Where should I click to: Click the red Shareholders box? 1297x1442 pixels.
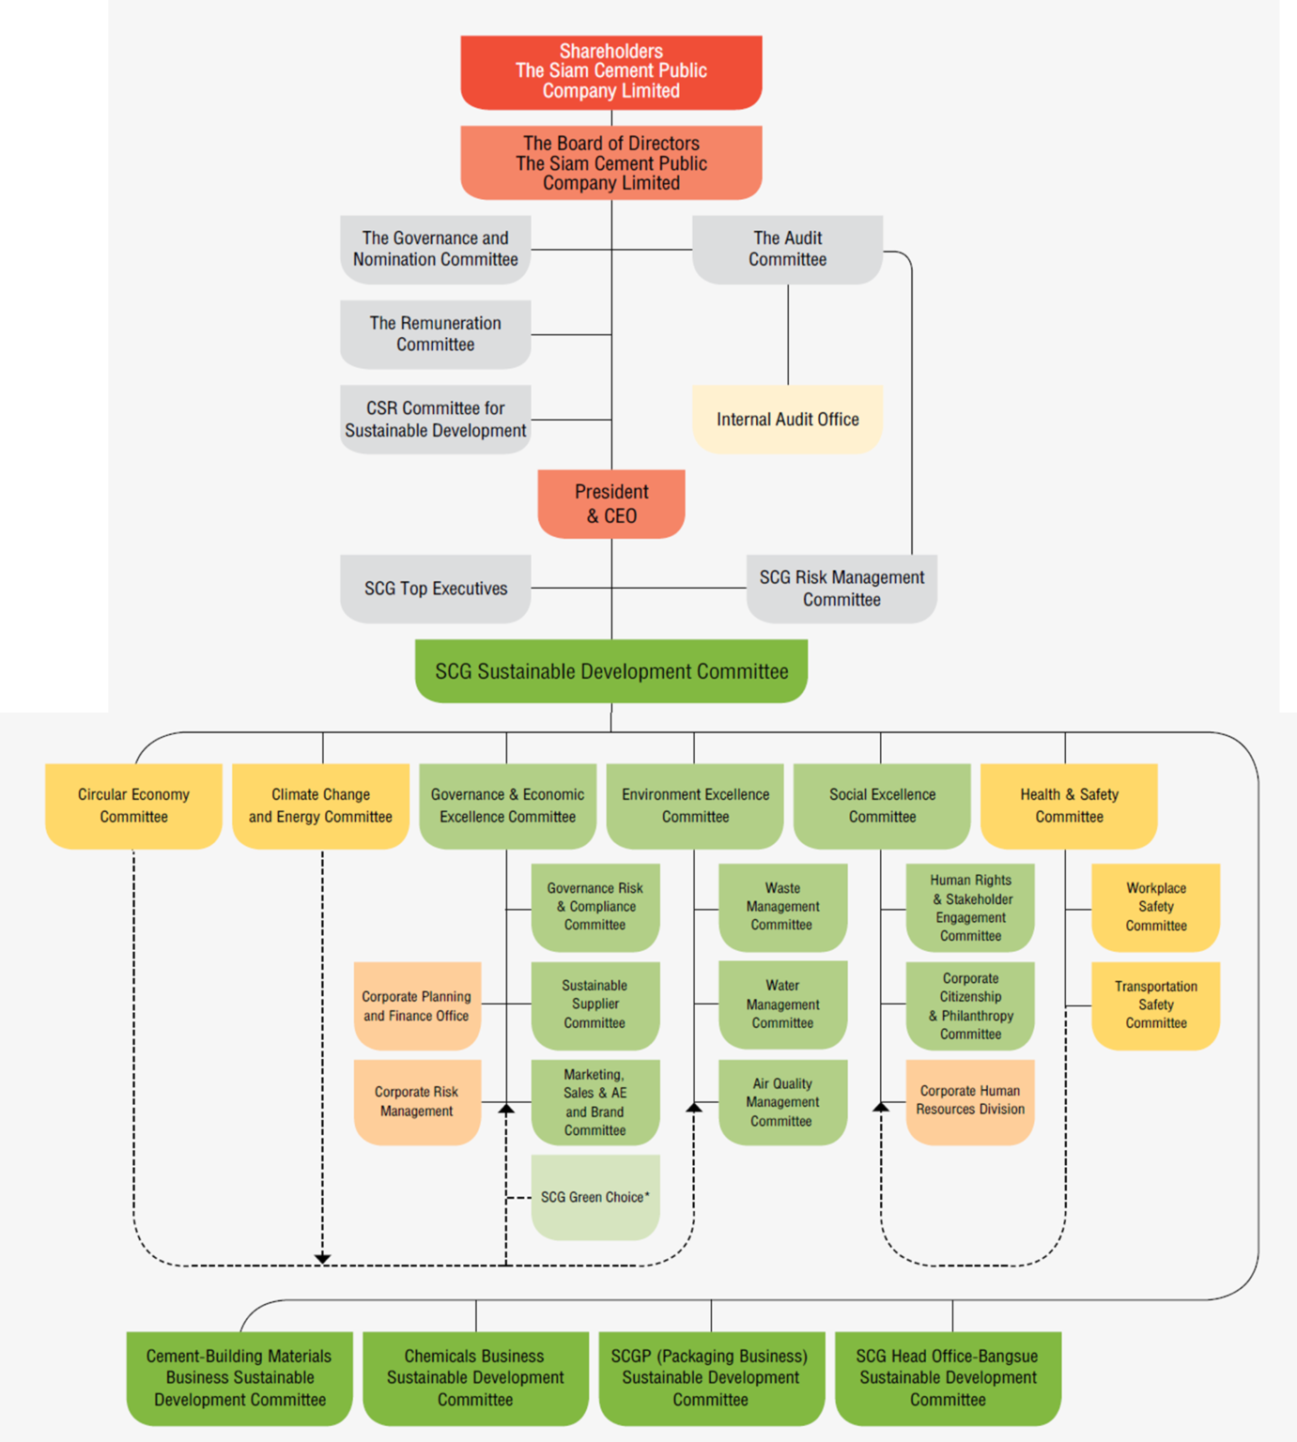610,71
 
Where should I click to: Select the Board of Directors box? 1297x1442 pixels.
610,162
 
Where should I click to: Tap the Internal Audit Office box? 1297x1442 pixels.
787,419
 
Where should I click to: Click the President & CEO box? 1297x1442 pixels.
610,503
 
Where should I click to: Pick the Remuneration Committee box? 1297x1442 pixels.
435,333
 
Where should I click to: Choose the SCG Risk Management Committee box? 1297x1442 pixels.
842,589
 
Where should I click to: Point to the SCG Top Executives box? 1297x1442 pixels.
435,589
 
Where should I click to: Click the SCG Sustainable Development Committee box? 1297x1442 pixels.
610,671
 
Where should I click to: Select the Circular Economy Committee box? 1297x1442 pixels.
133,805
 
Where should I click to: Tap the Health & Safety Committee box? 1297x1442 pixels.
1069,805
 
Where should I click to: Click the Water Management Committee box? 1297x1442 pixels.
782,1004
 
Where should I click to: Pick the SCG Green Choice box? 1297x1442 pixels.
594,1197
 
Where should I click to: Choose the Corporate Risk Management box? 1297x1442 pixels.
416,1101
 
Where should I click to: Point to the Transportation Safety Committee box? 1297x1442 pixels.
1155,1005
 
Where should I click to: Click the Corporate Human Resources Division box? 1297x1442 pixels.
969,1100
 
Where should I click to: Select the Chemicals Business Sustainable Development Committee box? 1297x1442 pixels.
475,1377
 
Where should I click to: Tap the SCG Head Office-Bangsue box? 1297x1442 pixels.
948,1377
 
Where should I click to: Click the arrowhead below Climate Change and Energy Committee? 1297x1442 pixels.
322,1258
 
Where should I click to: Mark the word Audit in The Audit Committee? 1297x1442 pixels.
801,238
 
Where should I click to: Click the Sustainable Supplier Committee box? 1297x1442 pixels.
594,1004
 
